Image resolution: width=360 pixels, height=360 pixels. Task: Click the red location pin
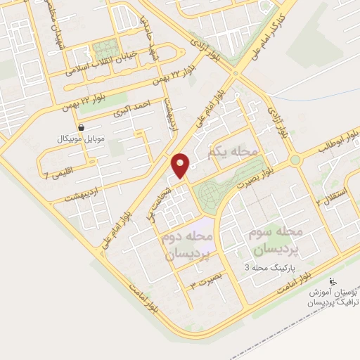[181, 165]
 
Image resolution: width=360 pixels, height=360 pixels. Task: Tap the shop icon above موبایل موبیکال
[83, 128]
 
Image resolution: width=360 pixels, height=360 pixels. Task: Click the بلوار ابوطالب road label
[329, 144]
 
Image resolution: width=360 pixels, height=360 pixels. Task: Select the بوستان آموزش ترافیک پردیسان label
[330, 296]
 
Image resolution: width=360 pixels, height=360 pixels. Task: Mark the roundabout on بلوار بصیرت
[295, 160]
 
